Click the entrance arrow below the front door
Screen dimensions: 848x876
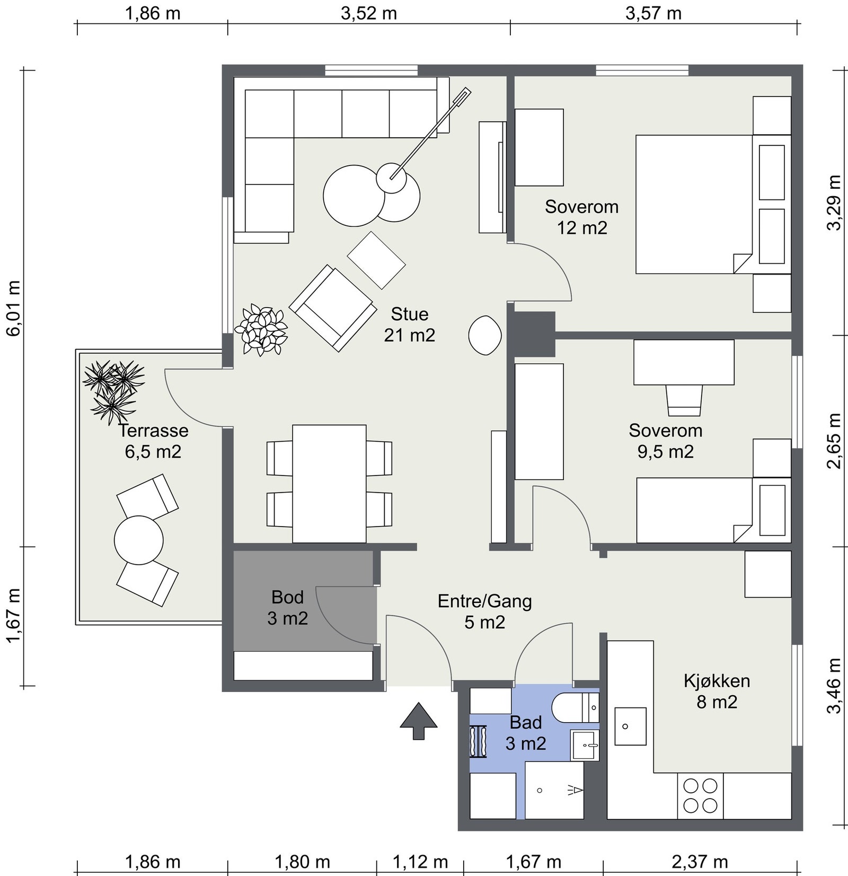419,721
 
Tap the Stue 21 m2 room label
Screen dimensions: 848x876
410,325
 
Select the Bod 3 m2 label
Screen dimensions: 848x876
288,608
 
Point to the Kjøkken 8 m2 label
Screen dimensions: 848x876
717,691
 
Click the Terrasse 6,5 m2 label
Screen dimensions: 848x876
153,441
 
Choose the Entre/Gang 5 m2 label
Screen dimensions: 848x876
484,611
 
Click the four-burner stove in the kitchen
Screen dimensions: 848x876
700,795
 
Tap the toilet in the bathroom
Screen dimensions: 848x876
575,707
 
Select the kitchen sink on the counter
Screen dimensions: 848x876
630,726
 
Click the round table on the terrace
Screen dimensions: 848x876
139,540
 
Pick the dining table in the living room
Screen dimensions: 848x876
329,484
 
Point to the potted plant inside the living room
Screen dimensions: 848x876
261,329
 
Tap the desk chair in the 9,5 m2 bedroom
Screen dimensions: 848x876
684,400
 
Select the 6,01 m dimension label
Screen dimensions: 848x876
13,308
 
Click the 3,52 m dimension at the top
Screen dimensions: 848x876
369,13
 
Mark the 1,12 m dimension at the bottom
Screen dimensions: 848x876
420,862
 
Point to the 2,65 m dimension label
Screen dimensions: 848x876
834,441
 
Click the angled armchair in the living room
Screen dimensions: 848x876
332,308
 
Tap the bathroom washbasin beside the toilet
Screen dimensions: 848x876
585,745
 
